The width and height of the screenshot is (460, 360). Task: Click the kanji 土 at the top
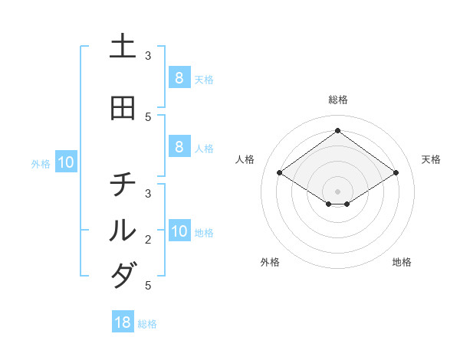click(x=123, y=47)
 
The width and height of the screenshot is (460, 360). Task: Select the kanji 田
click(x=123, y=108)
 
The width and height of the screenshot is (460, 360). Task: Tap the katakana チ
click(x=123, y=185)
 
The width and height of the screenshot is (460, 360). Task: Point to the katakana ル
click(x=123, y=230)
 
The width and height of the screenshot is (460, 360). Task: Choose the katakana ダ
click(x=123, y=275)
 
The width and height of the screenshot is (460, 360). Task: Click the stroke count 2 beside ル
click(x=148, y=240)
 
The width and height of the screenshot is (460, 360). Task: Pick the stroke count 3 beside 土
click(x=148, y=56)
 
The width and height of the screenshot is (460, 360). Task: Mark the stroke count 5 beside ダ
click(x=148, y=286)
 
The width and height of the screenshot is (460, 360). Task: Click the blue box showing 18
click(x=123, y=322)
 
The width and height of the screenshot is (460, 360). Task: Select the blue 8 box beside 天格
click(x=179, y=77)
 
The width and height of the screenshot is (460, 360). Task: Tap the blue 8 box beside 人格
click(x=179, y=147)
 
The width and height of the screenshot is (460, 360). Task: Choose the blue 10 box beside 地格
click(x=179, y=231)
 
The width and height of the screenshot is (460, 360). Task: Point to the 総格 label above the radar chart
click(x=338, y=100)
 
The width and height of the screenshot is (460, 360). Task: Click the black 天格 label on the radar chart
click(x=431, y=159)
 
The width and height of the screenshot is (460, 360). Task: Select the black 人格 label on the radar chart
click(x=245, y=159)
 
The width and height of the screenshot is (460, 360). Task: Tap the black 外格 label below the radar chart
click(x=270, y=262)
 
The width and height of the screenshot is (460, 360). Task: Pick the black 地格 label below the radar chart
click(x=402, y=262)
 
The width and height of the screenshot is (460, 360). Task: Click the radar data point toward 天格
click(x=396, y=173)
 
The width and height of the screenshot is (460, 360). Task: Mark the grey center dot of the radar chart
click(x=338, y=191)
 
